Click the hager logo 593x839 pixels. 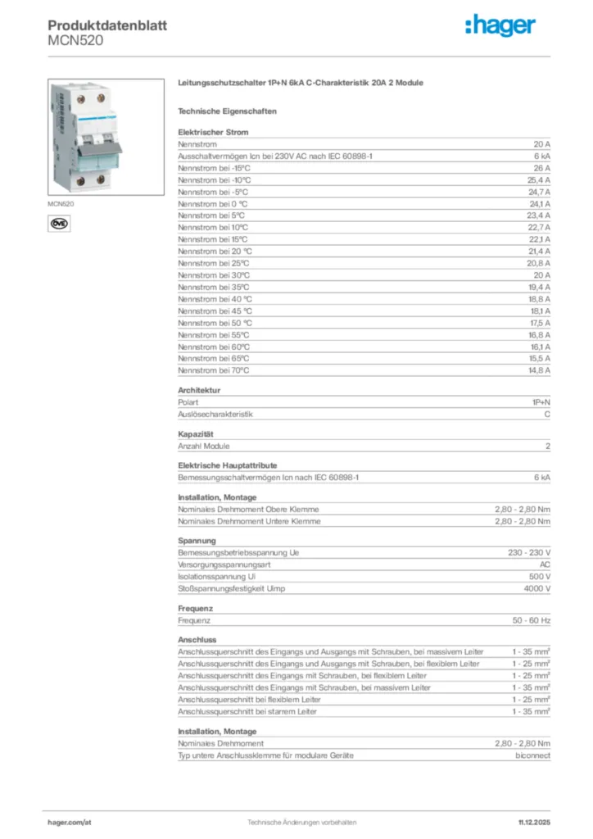500,26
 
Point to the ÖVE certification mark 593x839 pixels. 59,223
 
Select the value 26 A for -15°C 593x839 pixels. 541,167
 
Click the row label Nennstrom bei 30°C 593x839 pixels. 214,275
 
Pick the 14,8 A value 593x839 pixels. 538,370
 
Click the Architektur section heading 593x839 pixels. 199,390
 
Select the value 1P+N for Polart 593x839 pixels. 540,402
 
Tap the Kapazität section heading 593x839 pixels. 196,433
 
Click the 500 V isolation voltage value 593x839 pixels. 539,577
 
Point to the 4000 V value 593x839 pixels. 537,588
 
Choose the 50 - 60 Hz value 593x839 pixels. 532,620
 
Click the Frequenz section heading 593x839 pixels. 195,609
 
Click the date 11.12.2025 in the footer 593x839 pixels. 534,822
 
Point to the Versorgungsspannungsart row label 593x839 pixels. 224,565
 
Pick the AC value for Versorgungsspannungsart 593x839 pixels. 545,565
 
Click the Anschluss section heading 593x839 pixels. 197,640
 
